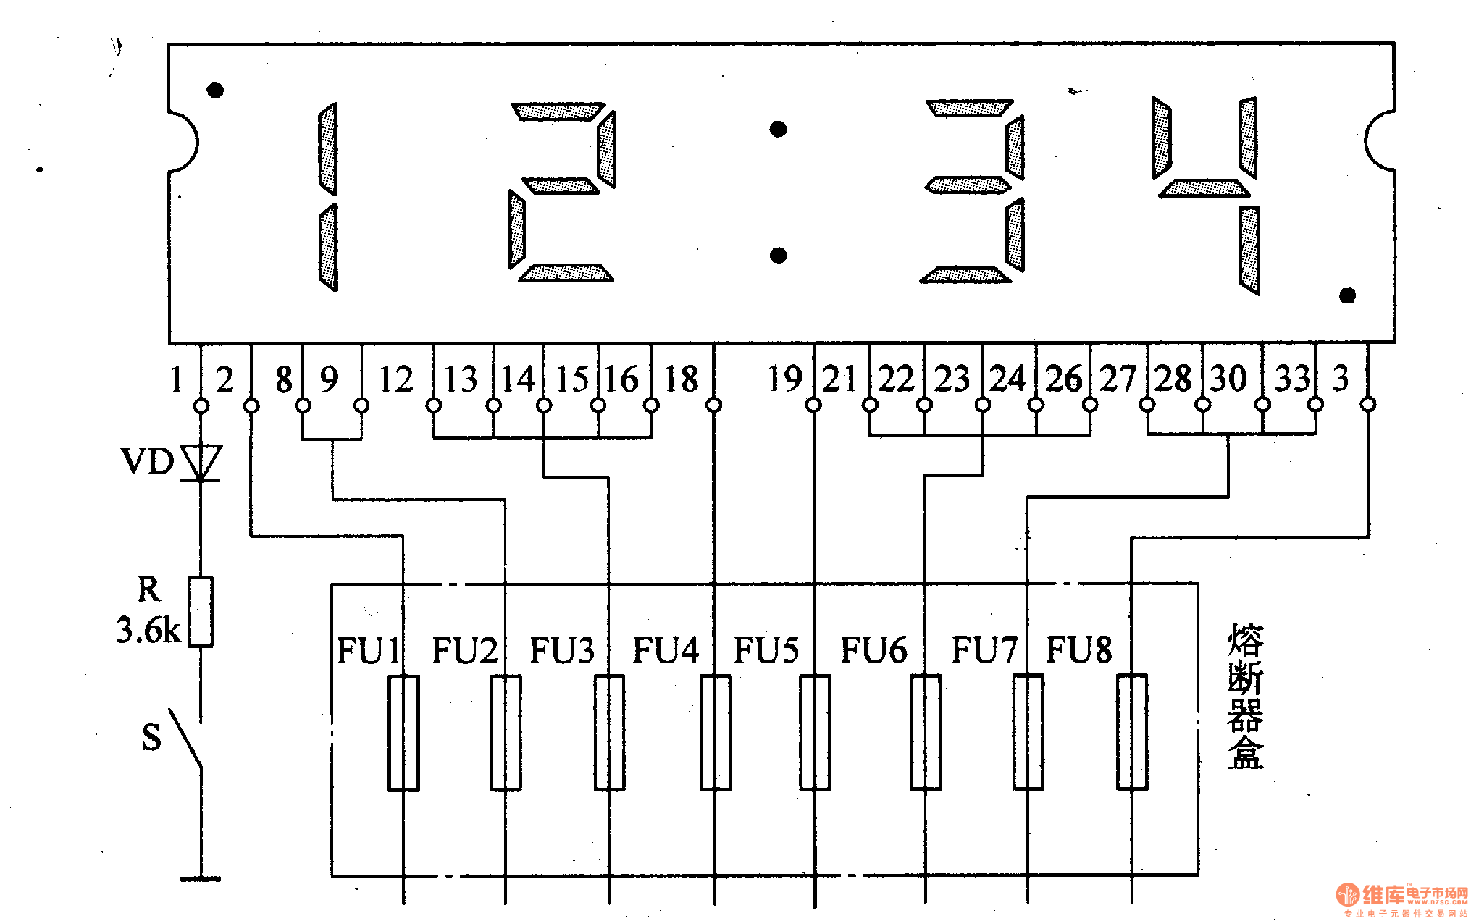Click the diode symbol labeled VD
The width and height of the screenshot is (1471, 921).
[201, 462]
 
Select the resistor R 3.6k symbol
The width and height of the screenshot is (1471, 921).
[201, 611]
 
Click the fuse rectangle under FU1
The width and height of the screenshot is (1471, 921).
[403, 733]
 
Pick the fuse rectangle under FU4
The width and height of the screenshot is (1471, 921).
[715, 733]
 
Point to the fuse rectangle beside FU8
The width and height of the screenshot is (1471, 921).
[1131, 733]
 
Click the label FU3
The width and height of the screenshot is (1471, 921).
[562, 649]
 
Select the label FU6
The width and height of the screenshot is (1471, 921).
[873, 649]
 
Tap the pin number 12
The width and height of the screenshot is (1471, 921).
[396, 379]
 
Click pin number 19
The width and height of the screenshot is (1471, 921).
[785, 379]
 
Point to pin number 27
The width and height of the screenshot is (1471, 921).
[1118, 379]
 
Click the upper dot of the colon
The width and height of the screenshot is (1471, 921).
[778, 130]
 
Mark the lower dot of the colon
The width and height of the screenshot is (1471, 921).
[778, 256]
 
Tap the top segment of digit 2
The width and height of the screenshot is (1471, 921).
[558, 112]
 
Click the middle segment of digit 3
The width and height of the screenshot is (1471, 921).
[967, 185]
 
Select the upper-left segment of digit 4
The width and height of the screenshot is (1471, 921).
[1162, 138]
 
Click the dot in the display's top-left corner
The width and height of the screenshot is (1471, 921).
[215, 91]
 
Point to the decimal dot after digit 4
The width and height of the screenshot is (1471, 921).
[1347, 295]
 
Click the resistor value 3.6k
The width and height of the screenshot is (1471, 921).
[148, 630]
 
